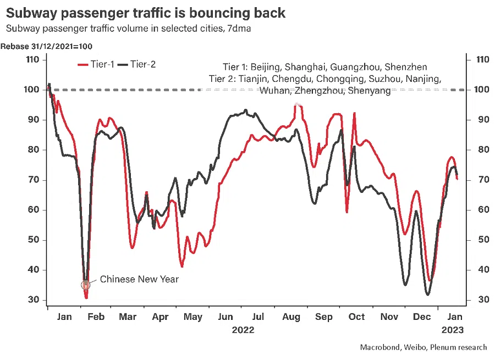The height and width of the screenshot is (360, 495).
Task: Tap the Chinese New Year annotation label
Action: pyautogui.click(x=139, y=279)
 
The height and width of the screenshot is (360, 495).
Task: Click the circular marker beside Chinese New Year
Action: pyautogui.click(x=85, y=285)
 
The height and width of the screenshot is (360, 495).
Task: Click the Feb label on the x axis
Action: pyautogui.click(x=96, y=317)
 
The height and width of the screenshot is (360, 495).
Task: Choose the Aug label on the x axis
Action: pyautogui.click(x=291, y=317)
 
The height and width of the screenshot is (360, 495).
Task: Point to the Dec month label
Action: pyautogui.click(x=422, y=317)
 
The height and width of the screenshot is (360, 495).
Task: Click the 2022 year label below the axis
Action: pyautogui.click(x=243, y=330)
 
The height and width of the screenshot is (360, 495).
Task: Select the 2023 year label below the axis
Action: pyautogui.click(x=453, y=330)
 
